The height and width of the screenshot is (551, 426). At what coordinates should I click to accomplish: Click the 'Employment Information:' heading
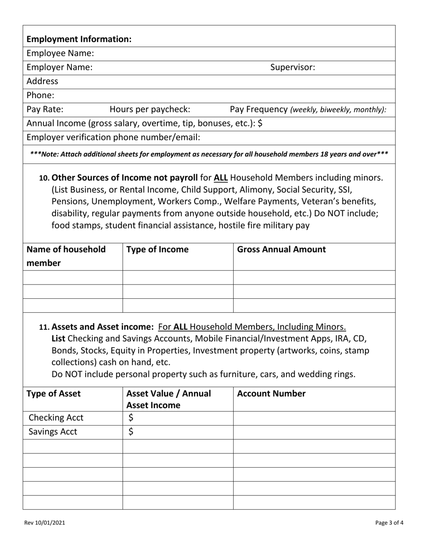point(79,39)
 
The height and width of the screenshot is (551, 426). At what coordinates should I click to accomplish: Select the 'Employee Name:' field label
point(61,53)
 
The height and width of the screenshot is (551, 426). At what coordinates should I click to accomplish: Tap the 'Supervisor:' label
point(292,67)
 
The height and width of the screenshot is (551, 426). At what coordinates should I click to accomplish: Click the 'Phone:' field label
point(40,95)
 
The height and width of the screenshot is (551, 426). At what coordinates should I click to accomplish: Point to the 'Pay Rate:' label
point(45,109)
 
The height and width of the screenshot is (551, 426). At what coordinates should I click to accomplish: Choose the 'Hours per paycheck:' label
point(150,109)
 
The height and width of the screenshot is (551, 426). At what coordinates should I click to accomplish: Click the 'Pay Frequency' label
point(259,109)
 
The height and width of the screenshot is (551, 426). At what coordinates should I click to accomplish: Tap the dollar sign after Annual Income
point(260,123)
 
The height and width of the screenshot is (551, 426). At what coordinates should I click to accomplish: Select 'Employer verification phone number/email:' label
point(113,137)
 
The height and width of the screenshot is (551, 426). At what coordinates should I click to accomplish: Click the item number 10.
point(44,178)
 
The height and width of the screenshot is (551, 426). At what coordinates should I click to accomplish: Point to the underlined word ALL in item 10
point(221,177)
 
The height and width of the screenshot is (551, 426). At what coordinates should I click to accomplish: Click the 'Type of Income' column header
point(157,250)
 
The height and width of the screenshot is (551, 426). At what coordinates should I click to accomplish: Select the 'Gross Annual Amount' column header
point(281,250)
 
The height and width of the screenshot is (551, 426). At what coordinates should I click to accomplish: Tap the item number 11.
point(44,327)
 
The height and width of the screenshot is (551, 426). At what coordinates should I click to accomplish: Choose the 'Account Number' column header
point(271,394)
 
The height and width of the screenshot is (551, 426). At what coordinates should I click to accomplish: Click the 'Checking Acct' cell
point(56,418)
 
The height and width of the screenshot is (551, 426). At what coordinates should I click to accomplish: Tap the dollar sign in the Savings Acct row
point(131,432)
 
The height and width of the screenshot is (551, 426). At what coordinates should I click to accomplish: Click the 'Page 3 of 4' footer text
point(390,522)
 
